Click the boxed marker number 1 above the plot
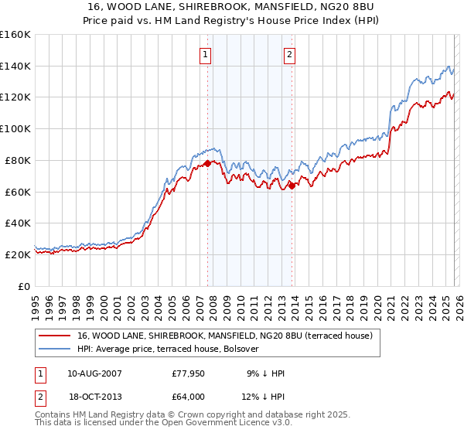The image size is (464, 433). (206, 55)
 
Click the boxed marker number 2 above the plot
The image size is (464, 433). (289, 55)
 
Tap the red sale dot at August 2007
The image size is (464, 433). (207, 163)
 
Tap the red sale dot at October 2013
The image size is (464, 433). (292, 185)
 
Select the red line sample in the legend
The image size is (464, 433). (55, 336)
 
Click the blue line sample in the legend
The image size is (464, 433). (55, 349)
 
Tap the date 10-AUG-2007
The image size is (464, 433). (94, 373)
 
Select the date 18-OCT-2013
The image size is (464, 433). (94, 397)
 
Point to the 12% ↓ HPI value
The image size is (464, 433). (264, 397)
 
